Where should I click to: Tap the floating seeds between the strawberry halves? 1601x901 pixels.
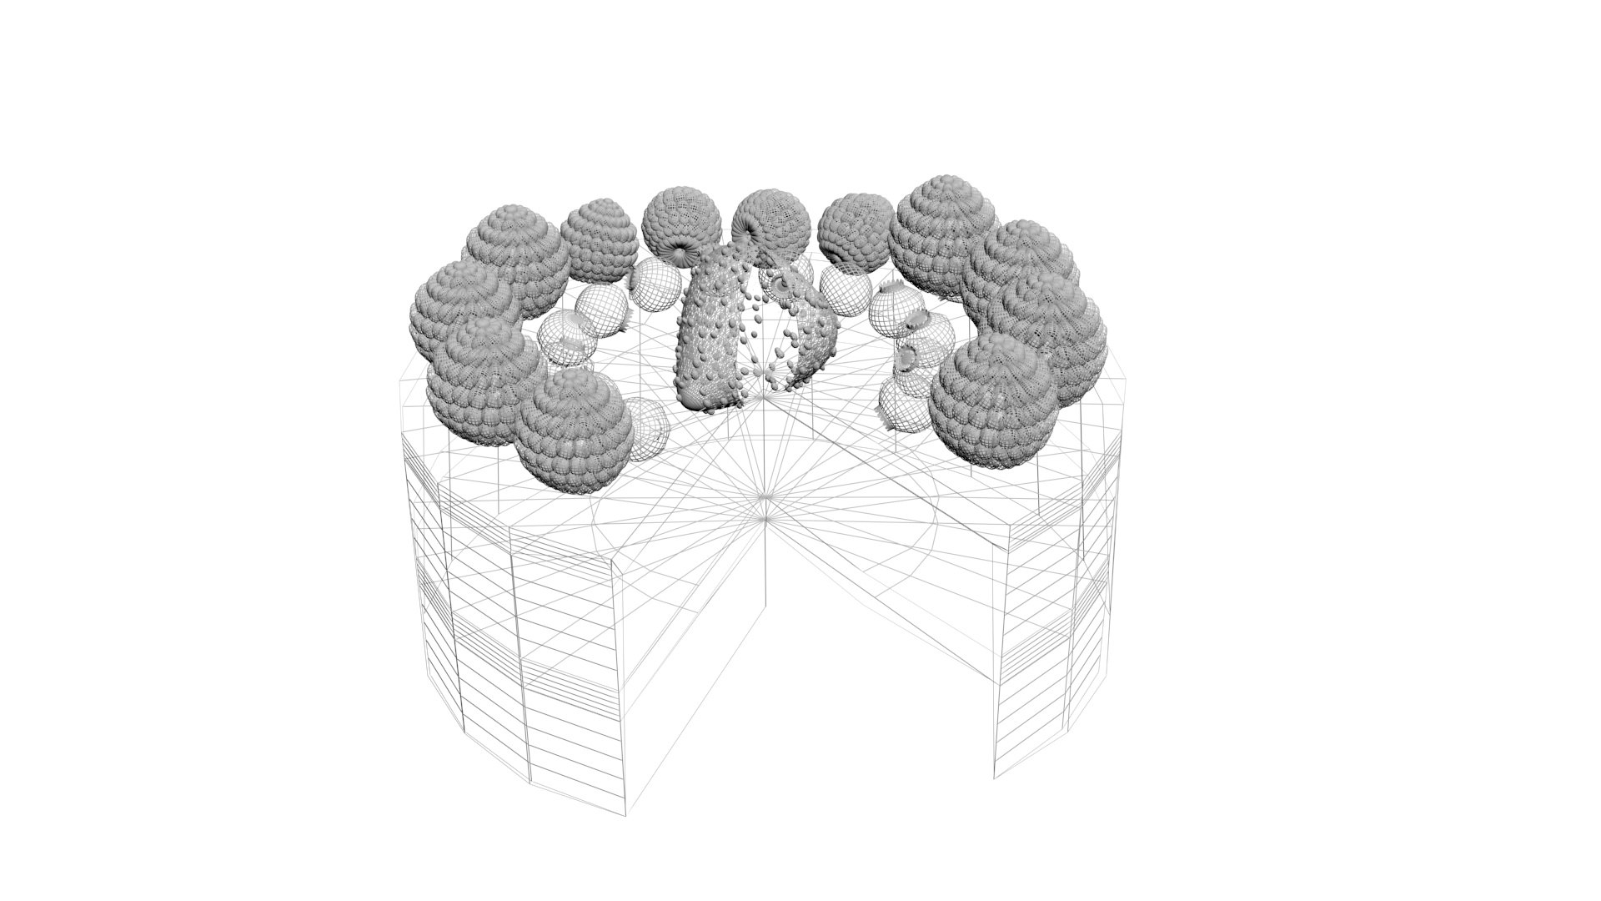click(763, 334)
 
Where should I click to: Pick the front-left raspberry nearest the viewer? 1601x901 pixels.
click(574, 430)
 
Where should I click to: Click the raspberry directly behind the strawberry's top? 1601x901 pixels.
click(770, 224)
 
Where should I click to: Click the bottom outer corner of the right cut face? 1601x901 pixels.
click(994, 778)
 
